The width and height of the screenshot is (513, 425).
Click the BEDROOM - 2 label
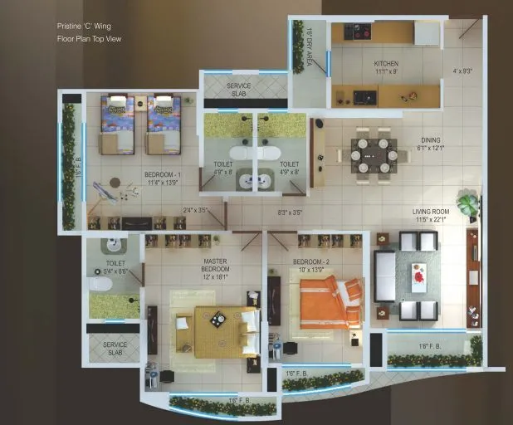[311, 266]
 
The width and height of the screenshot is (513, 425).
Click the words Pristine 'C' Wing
[84, 27]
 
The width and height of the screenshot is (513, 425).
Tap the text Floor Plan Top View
[89, 39]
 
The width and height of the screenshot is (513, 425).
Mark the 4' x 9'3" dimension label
[462, 71]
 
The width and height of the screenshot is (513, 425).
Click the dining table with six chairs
[373, 154]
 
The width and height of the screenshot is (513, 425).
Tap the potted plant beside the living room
[468, 203]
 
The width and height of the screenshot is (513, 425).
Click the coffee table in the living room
[418, 278]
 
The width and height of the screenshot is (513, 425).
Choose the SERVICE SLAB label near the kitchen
[238, 90]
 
